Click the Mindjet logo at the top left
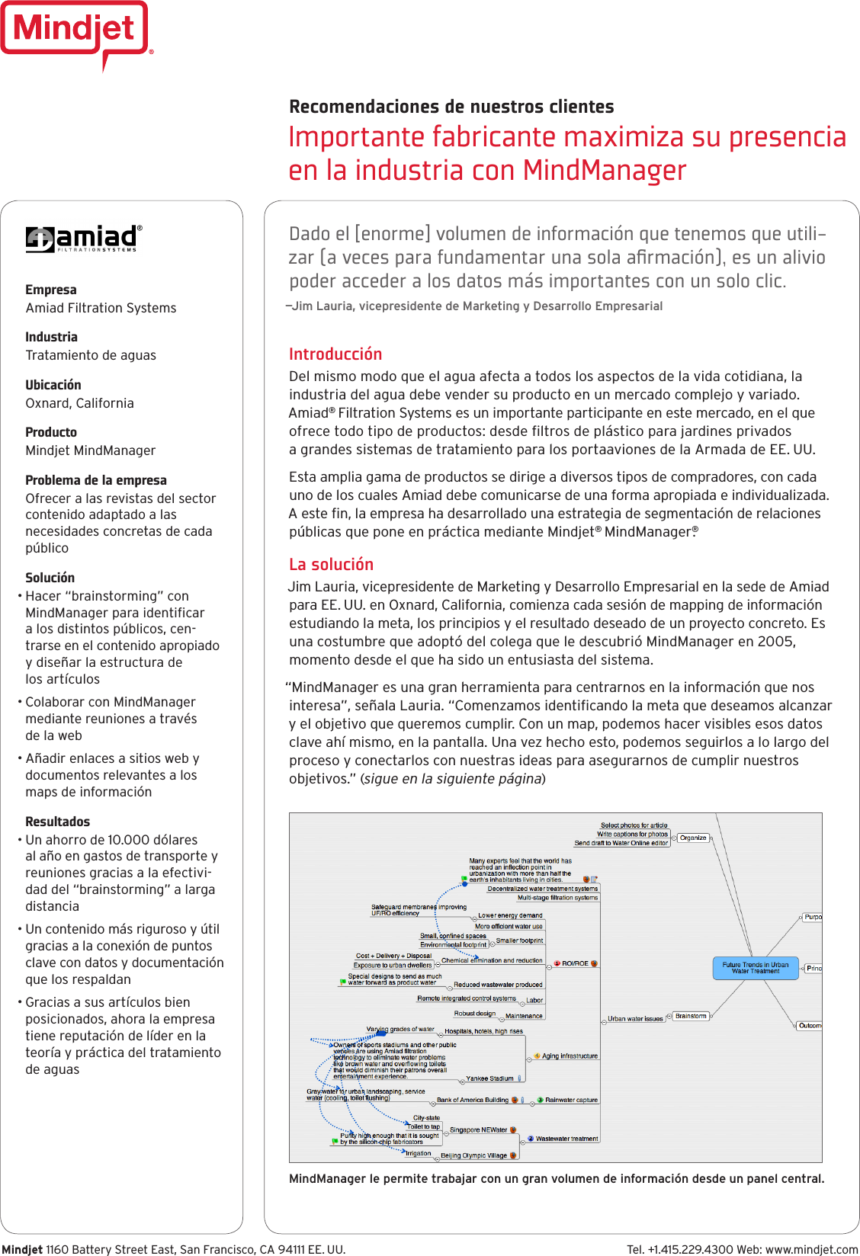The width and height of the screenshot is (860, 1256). [x=75, y=30]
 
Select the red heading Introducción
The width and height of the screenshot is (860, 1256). [x=335, y=354]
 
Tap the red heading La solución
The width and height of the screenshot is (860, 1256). [x=331, y=565]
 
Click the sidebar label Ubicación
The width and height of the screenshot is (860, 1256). [x=53, y=385]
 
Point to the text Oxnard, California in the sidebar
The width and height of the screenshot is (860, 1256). [x=80, y=403]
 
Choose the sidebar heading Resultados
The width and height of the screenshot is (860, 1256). [x=58, y=822]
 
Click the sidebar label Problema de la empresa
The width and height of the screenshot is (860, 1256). [x=96, y=480]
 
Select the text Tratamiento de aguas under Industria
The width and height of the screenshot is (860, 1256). [x=91, y=355]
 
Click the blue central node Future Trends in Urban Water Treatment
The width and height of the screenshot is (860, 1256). [x=756, y=968]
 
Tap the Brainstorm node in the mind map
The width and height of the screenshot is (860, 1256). [x=691, y=1016]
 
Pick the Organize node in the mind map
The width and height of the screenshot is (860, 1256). [x=693, y=838]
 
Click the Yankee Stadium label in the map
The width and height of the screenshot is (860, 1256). [x=489, y=1078]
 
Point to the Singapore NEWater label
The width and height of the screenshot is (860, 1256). [x=478, y=1129]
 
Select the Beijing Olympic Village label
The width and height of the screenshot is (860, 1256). [x=473, y=1155]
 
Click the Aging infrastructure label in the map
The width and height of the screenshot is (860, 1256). [x=570, y=1056]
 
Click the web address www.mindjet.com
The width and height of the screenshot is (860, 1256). [x=811, y=1249]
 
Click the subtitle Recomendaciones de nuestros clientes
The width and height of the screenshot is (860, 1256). [x=451, y=107]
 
